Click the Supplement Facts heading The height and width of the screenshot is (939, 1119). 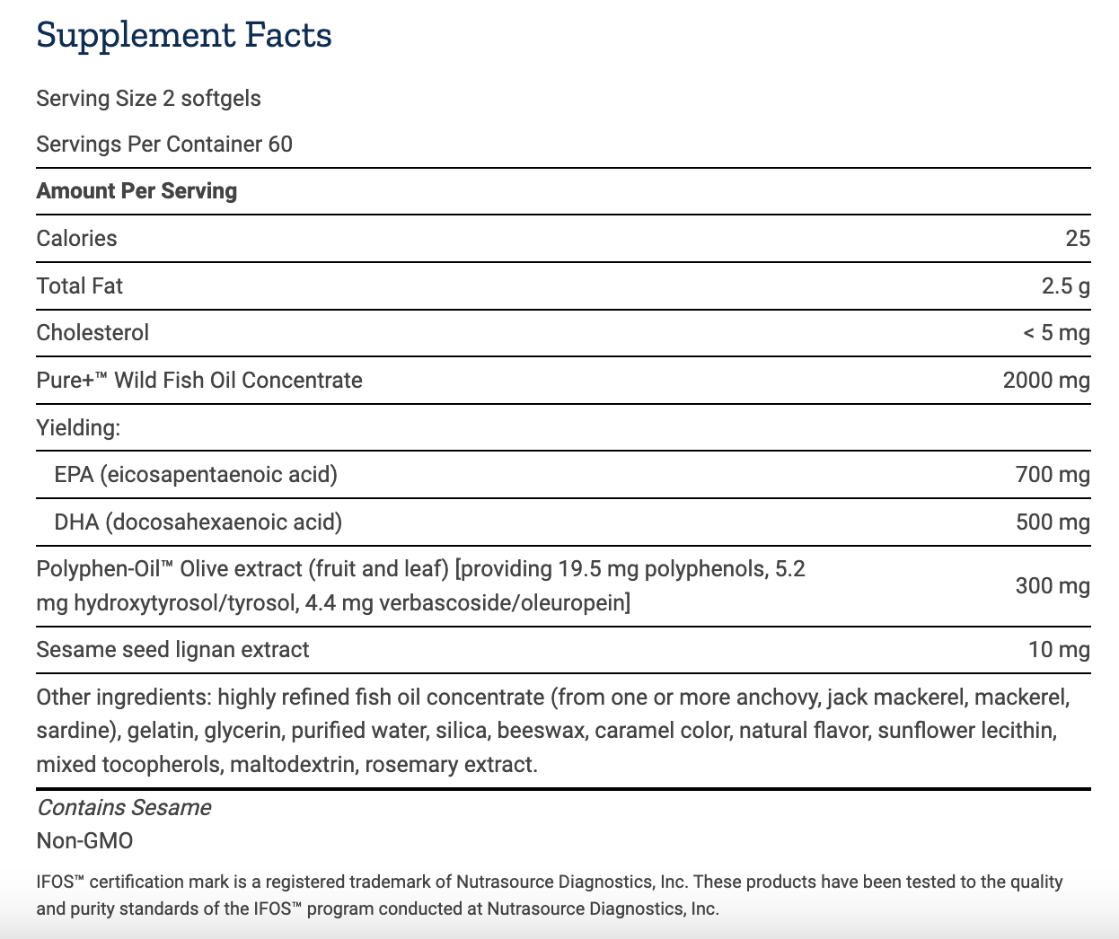click(x=184, y=36)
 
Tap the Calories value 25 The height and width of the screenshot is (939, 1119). click(x=1077, y=239)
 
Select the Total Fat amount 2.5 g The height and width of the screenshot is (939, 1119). click(x=1065, y=286)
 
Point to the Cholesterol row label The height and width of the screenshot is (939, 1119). click(x=93, y=333)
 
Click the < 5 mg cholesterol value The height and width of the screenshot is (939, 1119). click(x=1056, y=333)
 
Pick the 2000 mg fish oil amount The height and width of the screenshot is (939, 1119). click(x=1045, y=381)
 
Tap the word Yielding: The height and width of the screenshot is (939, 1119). click(x=78, y=428)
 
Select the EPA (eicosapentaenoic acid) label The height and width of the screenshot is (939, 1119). click(x=196, y=475)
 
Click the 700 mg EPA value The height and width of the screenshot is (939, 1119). click(x=1052, y=475)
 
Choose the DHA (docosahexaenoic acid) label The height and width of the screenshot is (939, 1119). click(x=198, y=522)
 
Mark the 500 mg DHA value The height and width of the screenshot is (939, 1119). click(x=1052, y=522)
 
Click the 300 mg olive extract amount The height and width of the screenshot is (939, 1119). click(x=1052, y=586)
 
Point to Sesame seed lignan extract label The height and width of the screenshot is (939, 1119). click(x=172, y=650)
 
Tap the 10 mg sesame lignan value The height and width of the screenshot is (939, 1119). click(x=1058, y=650)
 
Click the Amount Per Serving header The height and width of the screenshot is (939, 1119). click(x=137, y=191)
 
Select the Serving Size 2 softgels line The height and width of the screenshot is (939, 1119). click(x=148, y=99)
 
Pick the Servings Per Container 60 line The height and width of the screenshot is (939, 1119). click(x=164, y=145)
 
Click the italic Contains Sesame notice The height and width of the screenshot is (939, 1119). click(x=124, y=808)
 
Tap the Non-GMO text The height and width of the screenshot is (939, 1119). click(x=84, y=841)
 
